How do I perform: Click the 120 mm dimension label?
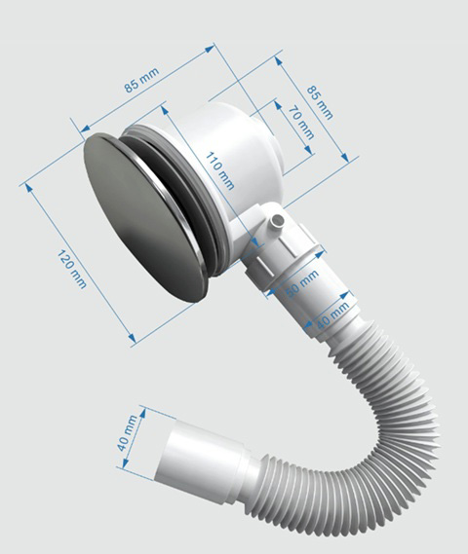72,270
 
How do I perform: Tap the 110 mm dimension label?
219,170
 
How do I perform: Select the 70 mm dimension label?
301,123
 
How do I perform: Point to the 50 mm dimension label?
302,283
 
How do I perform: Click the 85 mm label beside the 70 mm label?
320,102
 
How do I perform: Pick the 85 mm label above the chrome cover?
141,80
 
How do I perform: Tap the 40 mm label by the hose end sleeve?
128,433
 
